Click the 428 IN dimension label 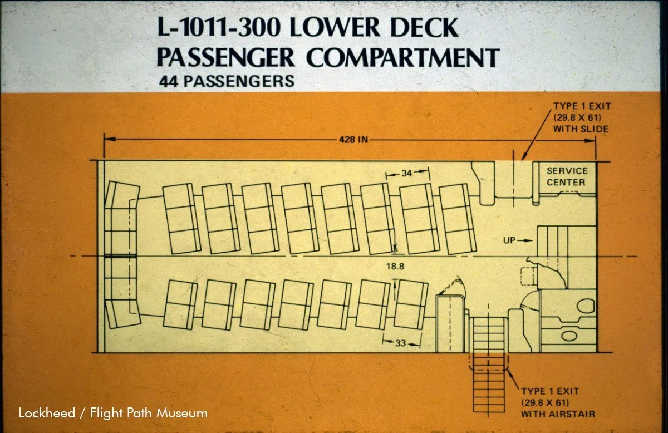click(353, 139)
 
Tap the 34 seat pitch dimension click(406, 173)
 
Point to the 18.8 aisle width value click(395, 266)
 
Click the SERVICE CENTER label click(567, 176)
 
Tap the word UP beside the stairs click(509, 240)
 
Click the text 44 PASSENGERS click(227, 81)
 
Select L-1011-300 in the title click(219, 27)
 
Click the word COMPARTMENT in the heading click(402, 57)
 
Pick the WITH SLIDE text click(581, 129)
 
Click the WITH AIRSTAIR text click(558, 414)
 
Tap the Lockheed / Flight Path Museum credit click(113, 413)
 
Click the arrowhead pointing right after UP click(529, 240)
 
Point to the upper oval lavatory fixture click(586, 306)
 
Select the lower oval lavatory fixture click(569, 336)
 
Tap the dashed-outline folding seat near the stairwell click(529, 276)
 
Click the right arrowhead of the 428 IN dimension click(590, 141)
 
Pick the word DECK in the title click(424, 27)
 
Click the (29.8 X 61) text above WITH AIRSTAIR click(545, 402)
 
